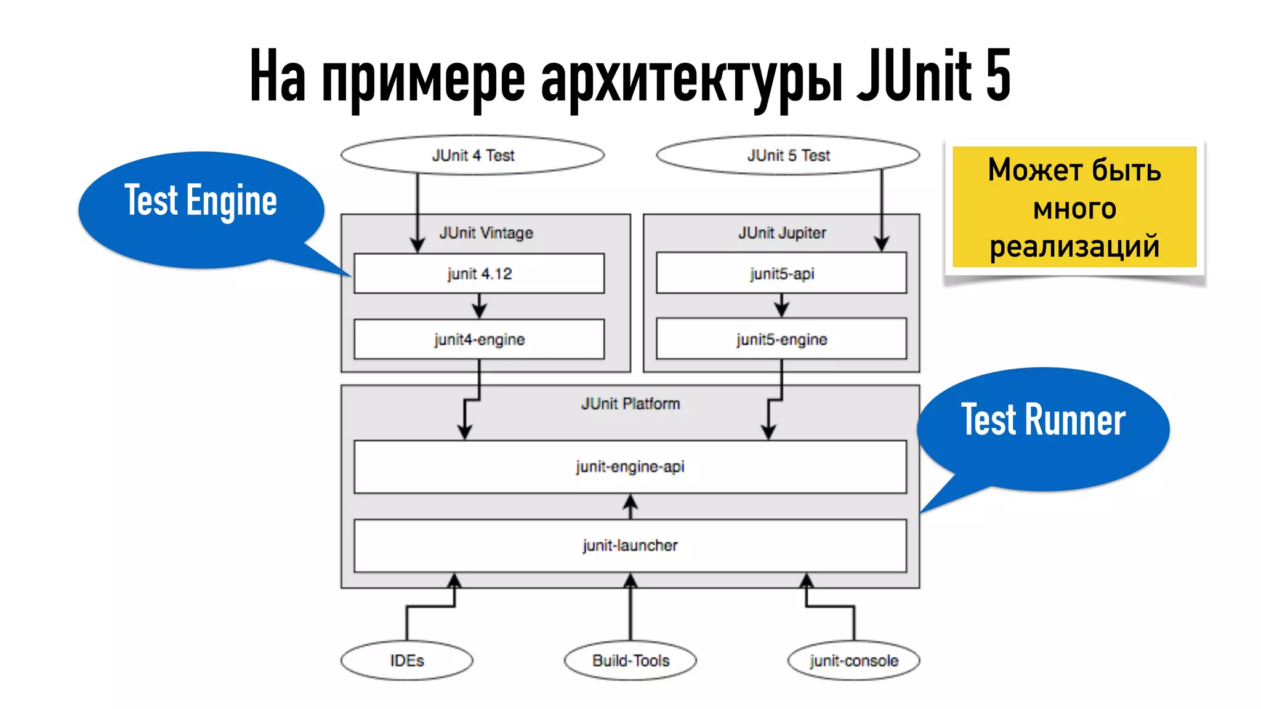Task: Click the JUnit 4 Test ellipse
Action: [472, 155]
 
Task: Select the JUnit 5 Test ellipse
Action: [788, 155]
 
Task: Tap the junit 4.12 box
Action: [479, 273]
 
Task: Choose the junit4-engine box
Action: [479, 339]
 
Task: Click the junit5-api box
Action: [781, 273]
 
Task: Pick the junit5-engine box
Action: [781, 339]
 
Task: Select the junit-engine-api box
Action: [630, 467]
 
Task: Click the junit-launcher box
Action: [630, 545]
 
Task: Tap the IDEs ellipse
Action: [407, 660]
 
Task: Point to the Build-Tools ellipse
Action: [630, 660]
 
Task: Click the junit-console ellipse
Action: [854, 660]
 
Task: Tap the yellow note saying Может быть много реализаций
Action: [1074, 207]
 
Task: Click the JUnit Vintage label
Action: [486, 233]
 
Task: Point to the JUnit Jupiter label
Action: [782, 233]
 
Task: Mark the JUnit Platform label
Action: [630, 404]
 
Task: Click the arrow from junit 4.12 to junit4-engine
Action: [479, 305]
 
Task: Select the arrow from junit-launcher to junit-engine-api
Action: [630, 507]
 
